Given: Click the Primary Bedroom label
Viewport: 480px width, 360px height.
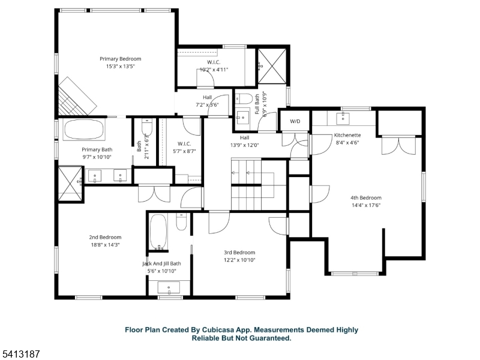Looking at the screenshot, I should click(120, 59).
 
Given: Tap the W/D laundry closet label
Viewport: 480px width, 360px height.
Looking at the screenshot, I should click(295, 122).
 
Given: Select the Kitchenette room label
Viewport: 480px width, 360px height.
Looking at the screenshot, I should click(347, 136).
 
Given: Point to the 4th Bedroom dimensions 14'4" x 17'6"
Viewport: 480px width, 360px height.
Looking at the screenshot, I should click(365, 205).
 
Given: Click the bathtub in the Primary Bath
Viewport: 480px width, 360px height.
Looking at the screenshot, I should click(84, 130).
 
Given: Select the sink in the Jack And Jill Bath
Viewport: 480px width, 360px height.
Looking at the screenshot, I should click(169, 288).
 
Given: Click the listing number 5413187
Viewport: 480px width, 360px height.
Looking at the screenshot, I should click(21, 354).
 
